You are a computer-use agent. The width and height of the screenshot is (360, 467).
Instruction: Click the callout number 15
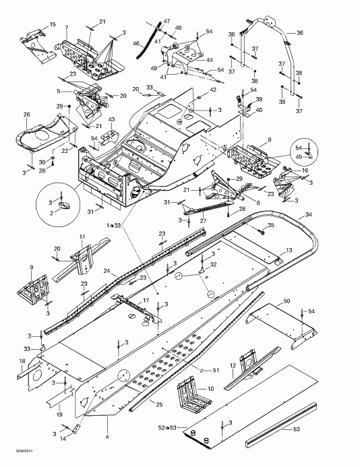click(53, 25)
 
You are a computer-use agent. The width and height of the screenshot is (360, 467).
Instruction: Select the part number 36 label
click(299, 32)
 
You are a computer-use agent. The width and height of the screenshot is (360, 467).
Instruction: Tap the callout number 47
click(167, 22)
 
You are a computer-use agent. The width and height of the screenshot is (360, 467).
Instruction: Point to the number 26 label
click(28, 115)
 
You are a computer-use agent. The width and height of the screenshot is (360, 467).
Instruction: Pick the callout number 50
click(287, 299)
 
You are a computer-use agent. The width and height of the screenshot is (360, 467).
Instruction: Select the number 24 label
click(106, 272)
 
